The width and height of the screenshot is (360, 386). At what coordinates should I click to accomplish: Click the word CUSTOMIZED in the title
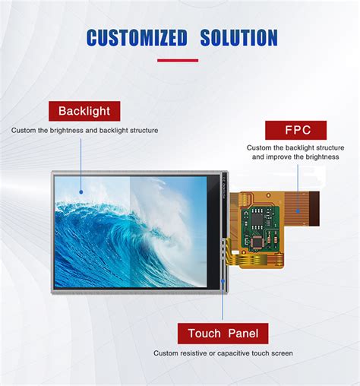coord(137,37)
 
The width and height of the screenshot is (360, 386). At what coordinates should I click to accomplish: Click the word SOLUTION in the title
coord(238,37)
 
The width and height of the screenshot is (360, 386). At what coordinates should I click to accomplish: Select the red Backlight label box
coord(84,111)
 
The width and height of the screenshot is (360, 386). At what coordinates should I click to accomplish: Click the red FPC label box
coord(295,130)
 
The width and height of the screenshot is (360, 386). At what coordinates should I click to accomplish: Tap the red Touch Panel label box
coord(223,334)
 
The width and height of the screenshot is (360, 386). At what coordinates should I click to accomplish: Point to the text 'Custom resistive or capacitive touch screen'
coord(223,353)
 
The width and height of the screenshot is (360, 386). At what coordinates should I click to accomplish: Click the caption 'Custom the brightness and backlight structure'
coord(84,130)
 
